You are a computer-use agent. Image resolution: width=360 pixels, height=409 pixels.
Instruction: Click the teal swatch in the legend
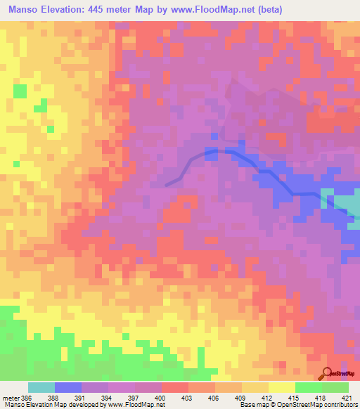coord(41,387)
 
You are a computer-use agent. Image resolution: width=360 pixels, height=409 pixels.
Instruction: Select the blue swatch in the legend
coord(68,387)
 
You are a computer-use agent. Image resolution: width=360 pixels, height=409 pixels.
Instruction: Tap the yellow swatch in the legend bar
coord(282,387)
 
